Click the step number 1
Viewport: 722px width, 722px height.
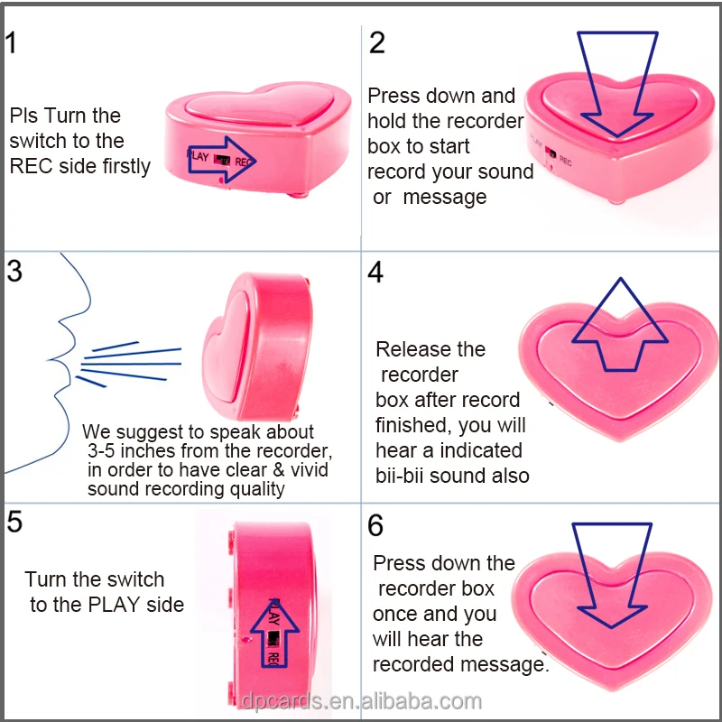click(10, 42)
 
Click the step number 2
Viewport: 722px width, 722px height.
click(377, 42)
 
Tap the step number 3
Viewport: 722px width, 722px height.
click(14, 271)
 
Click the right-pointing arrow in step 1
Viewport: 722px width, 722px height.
click(226, 160)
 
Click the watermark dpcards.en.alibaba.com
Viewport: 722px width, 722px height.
click(361, 701)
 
